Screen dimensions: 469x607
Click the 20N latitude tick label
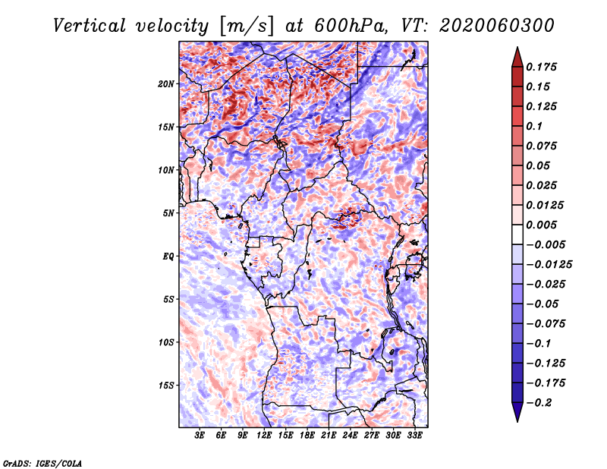[166, 83]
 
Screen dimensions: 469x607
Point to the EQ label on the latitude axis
[168, 256]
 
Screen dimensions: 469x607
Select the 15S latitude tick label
[166, 385]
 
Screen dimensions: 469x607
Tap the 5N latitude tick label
[168, 212]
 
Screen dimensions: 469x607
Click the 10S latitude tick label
[166, 342]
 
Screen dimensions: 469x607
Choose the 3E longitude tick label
[200, 436]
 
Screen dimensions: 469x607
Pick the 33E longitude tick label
[415, 436]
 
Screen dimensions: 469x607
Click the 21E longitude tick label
[329, 436]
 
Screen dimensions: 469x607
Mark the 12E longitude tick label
[265, 436]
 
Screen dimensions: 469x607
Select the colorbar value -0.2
[543, 402]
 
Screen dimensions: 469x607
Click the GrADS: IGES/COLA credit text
[42, 462]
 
